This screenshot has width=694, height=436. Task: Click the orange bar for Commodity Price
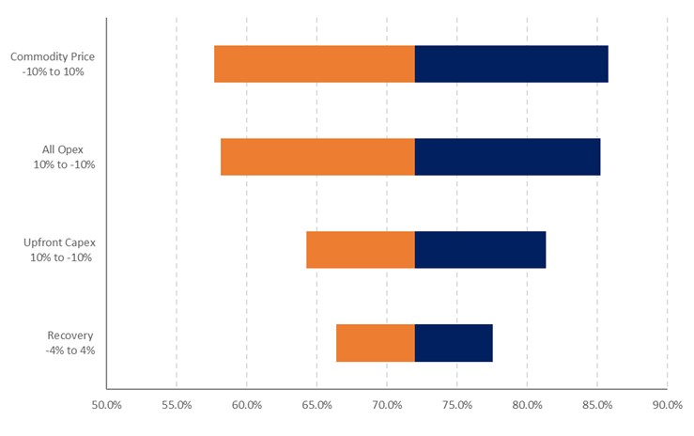tap(314, 64)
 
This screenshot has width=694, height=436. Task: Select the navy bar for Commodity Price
tap(511, 64)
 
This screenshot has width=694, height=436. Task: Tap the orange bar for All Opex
tap(317, 157)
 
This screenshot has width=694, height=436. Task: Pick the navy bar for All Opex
tap(507, 157)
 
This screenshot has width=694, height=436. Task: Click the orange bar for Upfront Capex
tap(360, 250)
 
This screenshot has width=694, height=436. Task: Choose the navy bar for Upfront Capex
tap(480, 250)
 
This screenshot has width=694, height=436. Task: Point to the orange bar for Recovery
tap(375, 343)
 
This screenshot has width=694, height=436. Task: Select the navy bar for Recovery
tap(454, 343)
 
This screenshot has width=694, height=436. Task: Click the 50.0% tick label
tap(106, 406)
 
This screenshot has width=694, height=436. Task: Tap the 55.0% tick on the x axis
tap(177, 406)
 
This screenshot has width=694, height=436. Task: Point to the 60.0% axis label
tap(246, 406)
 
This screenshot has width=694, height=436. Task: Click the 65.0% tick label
tap(316, 406)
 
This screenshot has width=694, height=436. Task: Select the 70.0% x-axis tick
tap(387, 406)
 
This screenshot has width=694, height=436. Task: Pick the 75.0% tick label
tap(456, 406)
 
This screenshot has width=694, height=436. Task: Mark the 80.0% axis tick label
tap(527, 406)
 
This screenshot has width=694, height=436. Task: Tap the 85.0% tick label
tap(596, 406)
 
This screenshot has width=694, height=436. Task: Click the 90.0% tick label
tap(667, 406)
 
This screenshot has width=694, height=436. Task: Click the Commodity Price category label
tap(53, 64)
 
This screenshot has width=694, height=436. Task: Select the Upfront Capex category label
tap(59, 250)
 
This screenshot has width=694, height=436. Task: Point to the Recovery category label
tap(70, 343)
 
